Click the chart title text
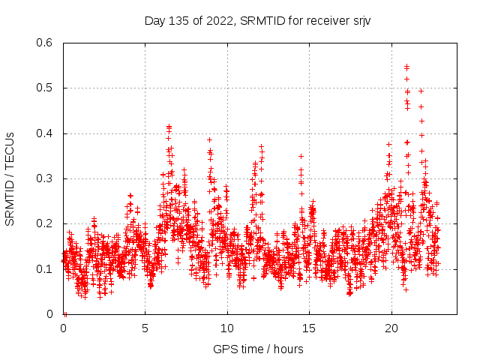coord(259,21)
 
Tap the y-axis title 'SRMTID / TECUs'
coord(10,178)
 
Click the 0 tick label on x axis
coord(64,328)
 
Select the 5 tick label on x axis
coord(145,328)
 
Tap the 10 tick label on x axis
coord(227,328)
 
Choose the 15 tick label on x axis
coord(309,328)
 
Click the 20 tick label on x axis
coord(391,328)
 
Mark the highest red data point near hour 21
coord(406,67)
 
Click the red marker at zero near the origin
coord(65,314)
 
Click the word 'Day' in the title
coord(154,21)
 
